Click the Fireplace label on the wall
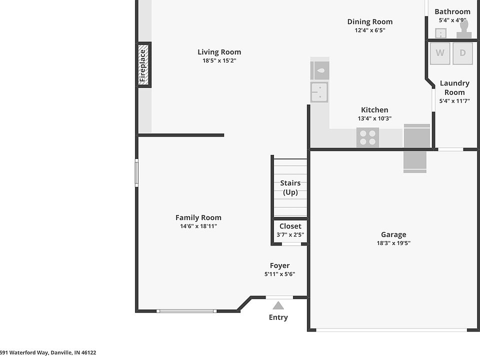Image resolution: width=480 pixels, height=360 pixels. pos(142,65)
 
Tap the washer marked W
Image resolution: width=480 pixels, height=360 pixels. pos(440,53)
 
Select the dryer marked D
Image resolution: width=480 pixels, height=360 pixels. pos(462,53)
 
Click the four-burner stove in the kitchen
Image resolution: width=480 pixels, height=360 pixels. pos(367,137)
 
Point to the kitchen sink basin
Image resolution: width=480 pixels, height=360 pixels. pos(319,92)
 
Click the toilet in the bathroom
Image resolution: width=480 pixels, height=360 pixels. pos(464,30)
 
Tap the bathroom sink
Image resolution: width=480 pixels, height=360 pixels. pos(441,33)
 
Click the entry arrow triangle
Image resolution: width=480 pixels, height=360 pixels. pos(278,305)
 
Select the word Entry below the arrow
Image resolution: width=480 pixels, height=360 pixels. pos(278,317)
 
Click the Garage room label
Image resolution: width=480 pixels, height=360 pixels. pos(393,234)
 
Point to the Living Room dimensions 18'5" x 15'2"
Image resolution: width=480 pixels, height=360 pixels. pos(219,60)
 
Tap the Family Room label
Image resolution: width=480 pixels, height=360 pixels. pos(198,217)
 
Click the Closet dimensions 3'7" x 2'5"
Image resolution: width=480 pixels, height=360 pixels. pos(290,235)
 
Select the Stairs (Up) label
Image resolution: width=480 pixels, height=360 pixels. pos(290,187)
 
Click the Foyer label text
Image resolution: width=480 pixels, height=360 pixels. pos(280,265)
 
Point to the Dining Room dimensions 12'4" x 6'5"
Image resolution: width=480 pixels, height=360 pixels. pos(370,30)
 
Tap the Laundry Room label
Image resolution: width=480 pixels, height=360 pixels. pos(454,87)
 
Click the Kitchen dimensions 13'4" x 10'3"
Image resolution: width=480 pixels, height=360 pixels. pos(374,118)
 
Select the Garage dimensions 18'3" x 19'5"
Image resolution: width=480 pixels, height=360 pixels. pos(393,243)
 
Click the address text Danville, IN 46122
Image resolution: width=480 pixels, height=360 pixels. pos(73,352)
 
